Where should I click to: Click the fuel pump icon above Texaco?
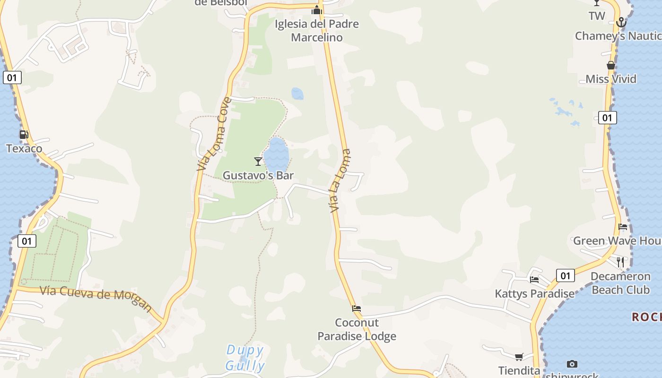tap(24, 135)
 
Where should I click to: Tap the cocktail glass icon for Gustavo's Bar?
tap(258, 162)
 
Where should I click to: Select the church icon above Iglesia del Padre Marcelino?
tap(316, 10)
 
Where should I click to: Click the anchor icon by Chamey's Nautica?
tap(621, 22)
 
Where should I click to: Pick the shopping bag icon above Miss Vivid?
tap(611, 65)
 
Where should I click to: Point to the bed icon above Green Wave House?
tap(623, 227)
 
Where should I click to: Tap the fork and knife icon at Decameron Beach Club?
tap(620, 262)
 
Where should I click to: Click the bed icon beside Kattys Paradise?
tap(534, 280)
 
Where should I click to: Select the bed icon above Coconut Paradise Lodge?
tap(357, 309)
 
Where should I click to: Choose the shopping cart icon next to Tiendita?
tap(519, 357)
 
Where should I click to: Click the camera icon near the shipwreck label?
tap(572, 364)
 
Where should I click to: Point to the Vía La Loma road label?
tap(340, 180)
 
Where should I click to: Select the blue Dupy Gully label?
tap(245, 358)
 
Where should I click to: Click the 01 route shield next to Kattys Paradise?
tap(565, 275)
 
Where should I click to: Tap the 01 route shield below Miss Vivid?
tap(607, 118)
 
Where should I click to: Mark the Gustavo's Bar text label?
tap(258, 175)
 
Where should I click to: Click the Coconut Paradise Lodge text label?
tap(357, 329)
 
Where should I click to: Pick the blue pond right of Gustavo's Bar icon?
tap(276, 154)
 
